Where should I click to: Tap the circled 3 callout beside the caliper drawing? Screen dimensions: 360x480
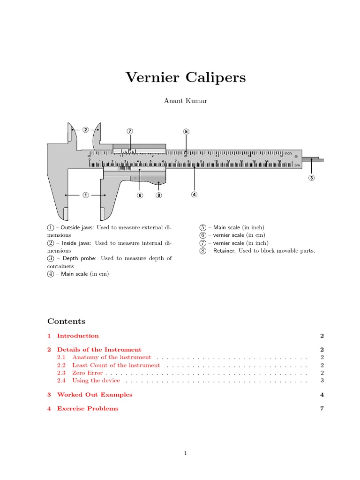(312, 178)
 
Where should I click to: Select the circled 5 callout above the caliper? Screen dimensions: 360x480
(186, 132)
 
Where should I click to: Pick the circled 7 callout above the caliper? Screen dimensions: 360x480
(130, 131)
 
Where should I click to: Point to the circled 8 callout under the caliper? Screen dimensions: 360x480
(159, 195)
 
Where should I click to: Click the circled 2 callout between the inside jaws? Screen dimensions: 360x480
(85, 129)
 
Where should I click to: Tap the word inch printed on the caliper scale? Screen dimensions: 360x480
(288, 153)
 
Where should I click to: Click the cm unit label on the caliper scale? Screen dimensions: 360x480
(297, 165)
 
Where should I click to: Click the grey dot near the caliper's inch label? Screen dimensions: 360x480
(296, 156)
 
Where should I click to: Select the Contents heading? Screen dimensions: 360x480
(66, 322)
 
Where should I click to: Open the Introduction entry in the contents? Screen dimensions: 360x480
(78, 336)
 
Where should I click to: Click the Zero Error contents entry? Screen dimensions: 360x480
(87, 373)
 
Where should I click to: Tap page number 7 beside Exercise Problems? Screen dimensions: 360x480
(322, 409)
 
